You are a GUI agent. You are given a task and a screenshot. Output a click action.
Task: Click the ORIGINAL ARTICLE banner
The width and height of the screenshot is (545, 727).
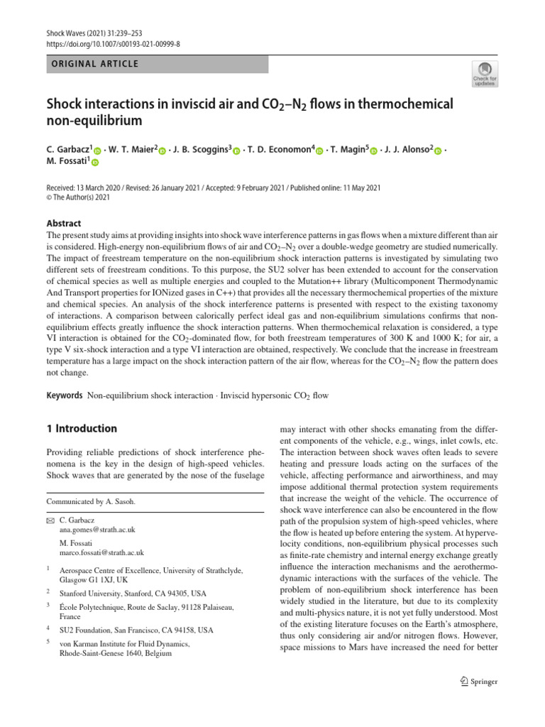coord(157,64)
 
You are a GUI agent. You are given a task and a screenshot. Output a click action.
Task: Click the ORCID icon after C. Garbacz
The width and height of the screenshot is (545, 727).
coord(98,151)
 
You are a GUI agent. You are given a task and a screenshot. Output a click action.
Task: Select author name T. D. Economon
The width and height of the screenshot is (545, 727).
coord(278,150)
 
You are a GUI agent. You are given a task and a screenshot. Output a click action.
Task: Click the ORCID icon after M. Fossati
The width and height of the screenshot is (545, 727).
coord(95,163)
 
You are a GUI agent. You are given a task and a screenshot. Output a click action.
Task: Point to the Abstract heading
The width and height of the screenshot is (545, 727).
coord(64,223)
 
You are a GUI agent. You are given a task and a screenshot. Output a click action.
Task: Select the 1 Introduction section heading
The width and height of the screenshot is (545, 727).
coord(82,429)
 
